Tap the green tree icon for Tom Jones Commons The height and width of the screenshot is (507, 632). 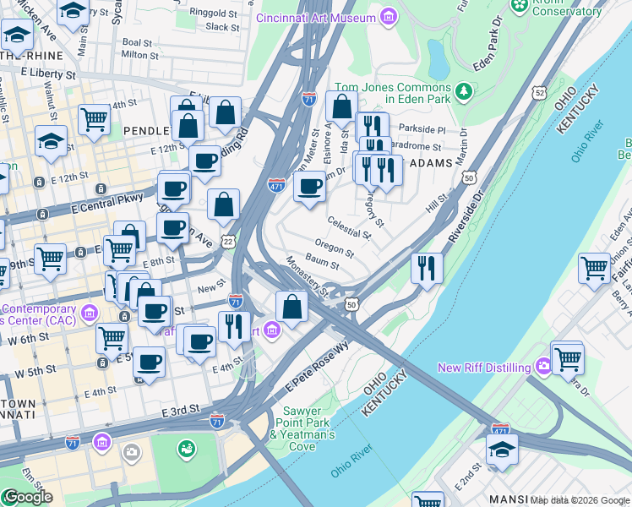pos(463,90)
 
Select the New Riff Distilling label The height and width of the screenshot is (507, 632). pos(484,368)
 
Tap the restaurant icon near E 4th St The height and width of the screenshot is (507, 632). pos(234,326)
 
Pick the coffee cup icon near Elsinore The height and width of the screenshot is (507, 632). pos(310,186)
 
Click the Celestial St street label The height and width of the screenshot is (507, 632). pos(349,227)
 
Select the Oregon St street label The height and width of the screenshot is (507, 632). pos(334,248)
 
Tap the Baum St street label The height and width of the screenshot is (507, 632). pos(322,264)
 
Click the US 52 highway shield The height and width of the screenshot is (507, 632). pos(539,92)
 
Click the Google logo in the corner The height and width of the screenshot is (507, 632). pos(27,497)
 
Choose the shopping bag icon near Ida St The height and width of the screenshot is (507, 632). pos(342,107)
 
